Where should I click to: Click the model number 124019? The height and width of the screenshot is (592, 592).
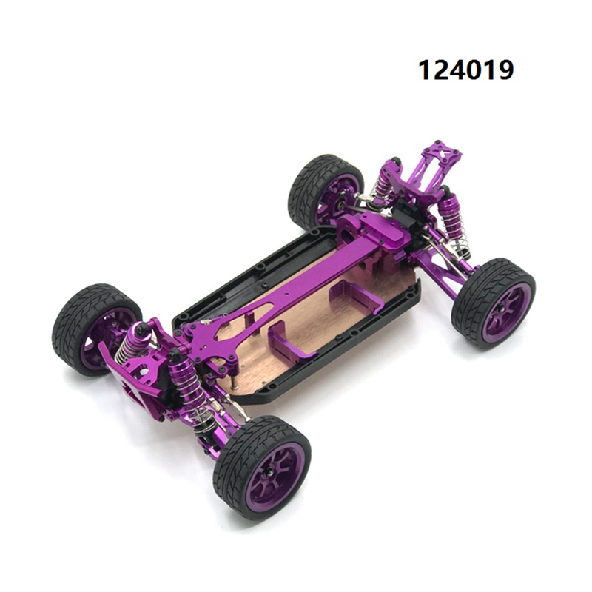click(466, 70)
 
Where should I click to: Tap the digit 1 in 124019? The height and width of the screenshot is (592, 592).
click(425, 70)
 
